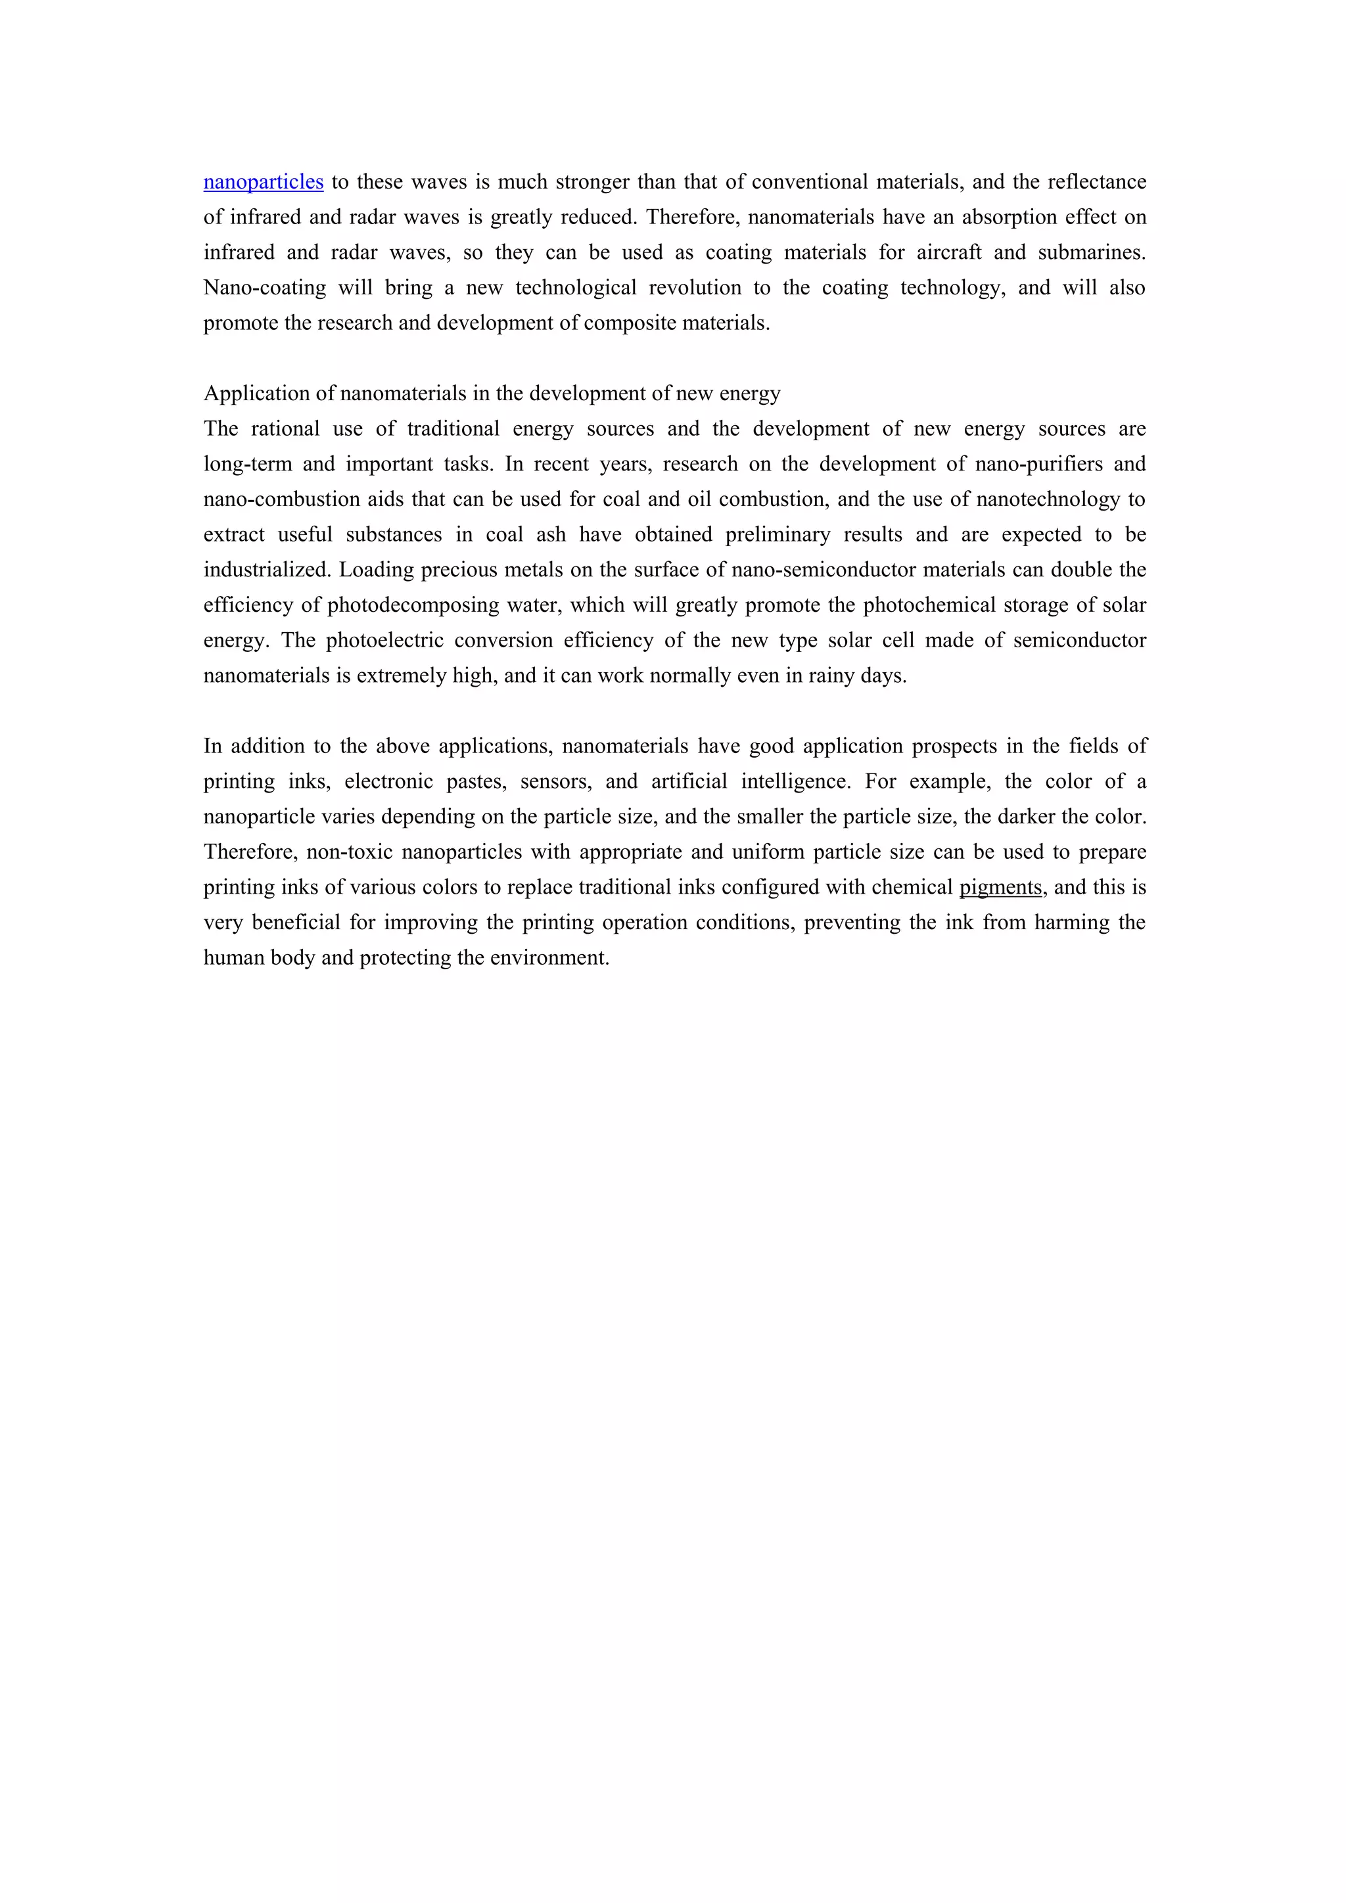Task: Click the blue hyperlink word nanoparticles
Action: click(264, 182)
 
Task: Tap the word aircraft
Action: click(949, 253)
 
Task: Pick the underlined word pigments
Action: click(1000, 888)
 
